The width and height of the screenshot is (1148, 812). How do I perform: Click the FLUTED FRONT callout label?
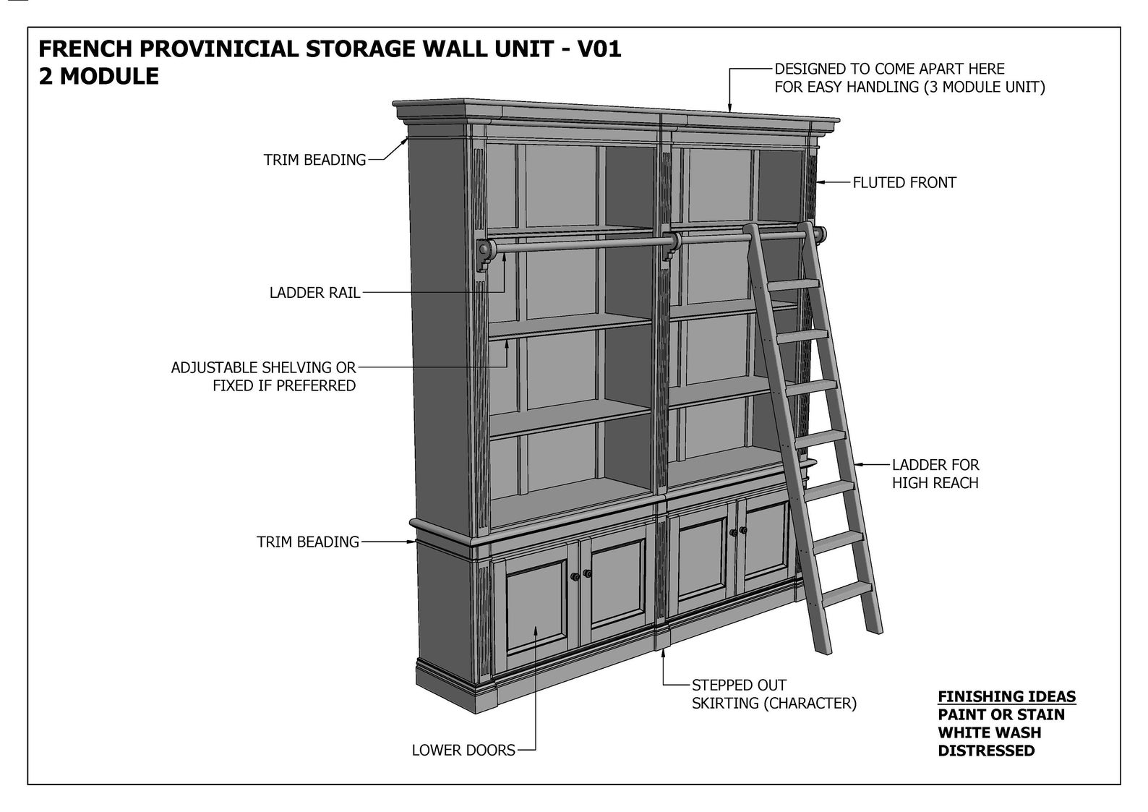(x=904, y=183)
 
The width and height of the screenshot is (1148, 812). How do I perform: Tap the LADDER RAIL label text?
(x=314, y=293)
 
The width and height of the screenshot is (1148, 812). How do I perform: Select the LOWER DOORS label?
(x=463, y=751)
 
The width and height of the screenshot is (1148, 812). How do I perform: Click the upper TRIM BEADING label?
(x=314, y=160)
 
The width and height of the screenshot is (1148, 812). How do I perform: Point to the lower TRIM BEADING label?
(x=307, y=542)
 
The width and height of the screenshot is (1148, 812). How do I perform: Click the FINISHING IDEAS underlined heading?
(x=1006, y=696)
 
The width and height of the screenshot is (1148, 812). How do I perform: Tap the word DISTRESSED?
(x=986, y=751)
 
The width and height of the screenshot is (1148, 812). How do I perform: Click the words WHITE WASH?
(x=989, y=732)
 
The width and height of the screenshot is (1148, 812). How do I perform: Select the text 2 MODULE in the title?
(x=98, y=77)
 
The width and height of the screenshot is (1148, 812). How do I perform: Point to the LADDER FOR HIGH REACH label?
(x=935, y=474)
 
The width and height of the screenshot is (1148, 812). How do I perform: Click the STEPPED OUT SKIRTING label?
(x=774, y=694)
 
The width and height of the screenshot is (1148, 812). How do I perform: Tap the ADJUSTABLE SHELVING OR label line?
(x=263, y=367)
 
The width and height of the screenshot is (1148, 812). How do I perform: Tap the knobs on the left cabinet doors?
(x=581, y=576)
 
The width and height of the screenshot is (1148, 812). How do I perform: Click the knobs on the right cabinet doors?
(x=738, y=532)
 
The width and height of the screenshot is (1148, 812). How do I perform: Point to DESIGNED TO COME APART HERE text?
(x=889, y=69)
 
